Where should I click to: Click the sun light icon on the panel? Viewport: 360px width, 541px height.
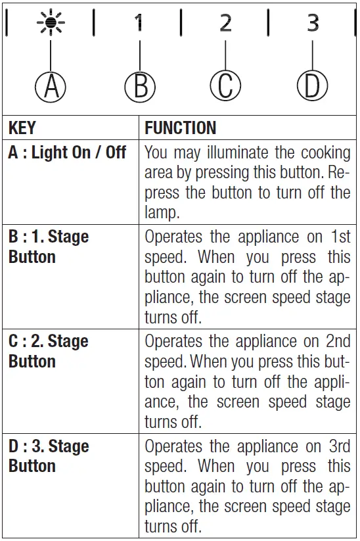(50, 24)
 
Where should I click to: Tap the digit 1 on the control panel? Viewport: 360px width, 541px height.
(139, 24)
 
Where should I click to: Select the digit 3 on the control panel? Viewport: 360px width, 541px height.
(313, 24)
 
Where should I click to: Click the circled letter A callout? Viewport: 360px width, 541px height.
(51, 87)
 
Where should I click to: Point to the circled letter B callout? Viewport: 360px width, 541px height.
(140, 87)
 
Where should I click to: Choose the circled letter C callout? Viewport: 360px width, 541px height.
(225, 87)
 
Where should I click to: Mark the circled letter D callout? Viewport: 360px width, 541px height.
(312, 87)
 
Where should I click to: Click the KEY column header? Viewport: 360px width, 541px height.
(22, 128)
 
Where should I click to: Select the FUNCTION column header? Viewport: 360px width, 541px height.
(180, 128)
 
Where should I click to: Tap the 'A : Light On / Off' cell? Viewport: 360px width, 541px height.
(67, 153)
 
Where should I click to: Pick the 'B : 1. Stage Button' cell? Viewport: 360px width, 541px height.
(49, 247)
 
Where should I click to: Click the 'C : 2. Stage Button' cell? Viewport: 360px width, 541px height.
(49, 351)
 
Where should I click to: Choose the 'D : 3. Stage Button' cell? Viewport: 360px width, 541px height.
(49, 456)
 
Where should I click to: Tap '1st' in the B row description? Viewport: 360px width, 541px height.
(339, 237)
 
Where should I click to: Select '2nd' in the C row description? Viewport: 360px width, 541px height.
(337, 341)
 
